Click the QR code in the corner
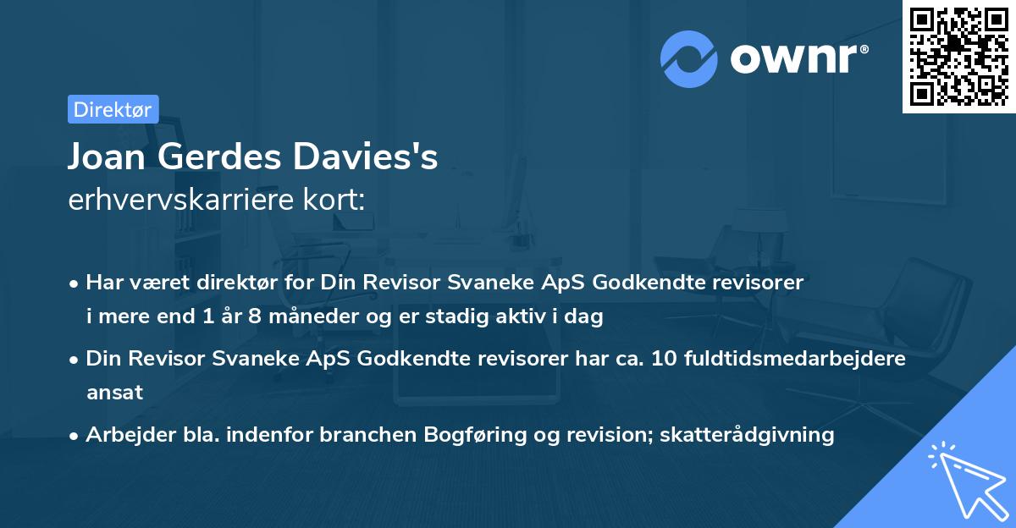coord(958,57)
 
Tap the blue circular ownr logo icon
coord(689,58)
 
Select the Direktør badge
coord(113,109)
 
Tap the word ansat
coord(114,392)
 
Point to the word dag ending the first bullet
coord(585,317)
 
